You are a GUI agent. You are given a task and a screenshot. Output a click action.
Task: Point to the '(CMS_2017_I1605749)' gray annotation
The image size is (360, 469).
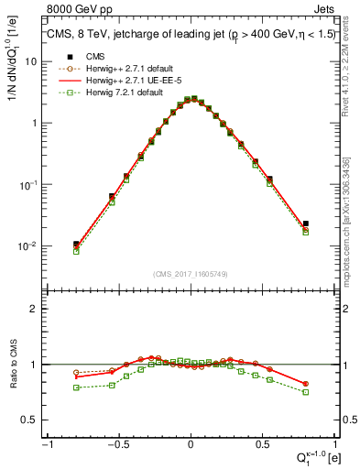pyautogui.click(x=191, y=274)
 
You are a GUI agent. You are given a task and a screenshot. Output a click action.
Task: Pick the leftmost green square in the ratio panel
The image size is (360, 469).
pyautogui.click(x=77, y=387)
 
